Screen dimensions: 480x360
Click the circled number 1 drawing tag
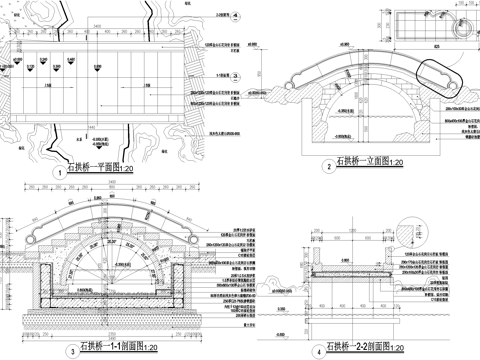[62, 172]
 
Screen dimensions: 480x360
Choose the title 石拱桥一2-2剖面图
[362, 350]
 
